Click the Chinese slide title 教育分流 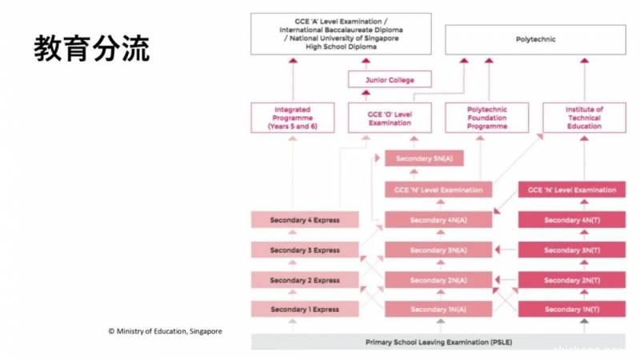(91, 49)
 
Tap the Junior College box (389, 80)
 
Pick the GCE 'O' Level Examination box (389, 118)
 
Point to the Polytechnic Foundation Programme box (486, 118)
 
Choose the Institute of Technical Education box (584, 118)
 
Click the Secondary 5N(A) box (425, 158)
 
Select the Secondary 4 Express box (305, 220)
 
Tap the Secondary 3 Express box (305, 250)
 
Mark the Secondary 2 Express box (305, 280)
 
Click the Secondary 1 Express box (305, 310)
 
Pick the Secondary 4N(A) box (438, 220)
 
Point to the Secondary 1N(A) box (438, 310)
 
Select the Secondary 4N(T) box (572, 220)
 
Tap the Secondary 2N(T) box (572, 280)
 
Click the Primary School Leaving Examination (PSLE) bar (438, 342)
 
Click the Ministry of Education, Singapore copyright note (165, 330)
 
